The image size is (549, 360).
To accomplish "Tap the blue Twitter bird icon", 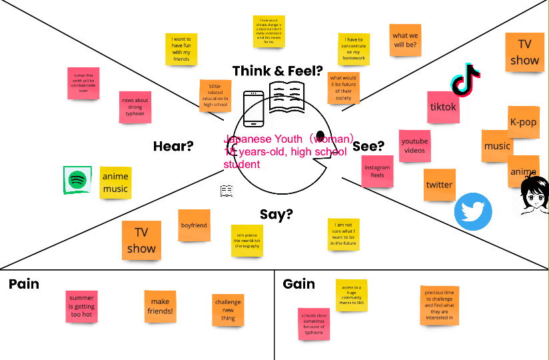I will (473, 211).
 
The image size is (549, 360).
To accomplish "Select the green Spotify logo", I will (77, 180).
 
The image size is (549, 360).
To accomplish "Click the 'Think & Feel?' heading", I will (277, 71).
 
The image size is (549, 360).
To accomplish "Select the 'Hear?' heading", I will (173, 146).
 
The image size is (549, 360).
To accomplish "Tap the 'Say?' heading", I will (276, 214).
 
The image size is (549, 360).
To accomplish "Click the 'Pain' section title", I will (24, 284).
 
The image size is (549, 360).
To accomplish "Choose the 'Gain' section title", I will (299, 284).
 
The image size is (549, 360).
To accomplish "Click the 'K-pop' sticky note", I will (523, 122).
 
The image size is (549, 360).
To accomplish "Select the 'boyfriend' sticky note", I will (194, 225).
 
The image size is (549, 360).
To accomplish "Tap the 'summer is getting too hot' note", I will (82, 307).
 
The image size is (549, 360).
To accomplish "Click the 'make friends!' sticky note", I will (161, 306).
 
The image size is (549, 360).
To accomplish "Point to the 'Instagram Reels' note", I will (377, 171).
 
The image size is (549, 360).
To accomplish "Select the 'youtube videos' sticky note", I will (414, 145).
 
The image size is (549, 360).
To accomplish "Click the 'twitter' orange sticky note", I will (439, 185).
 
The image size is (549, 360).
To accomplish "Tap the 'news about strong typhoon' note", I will (135, 107).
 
